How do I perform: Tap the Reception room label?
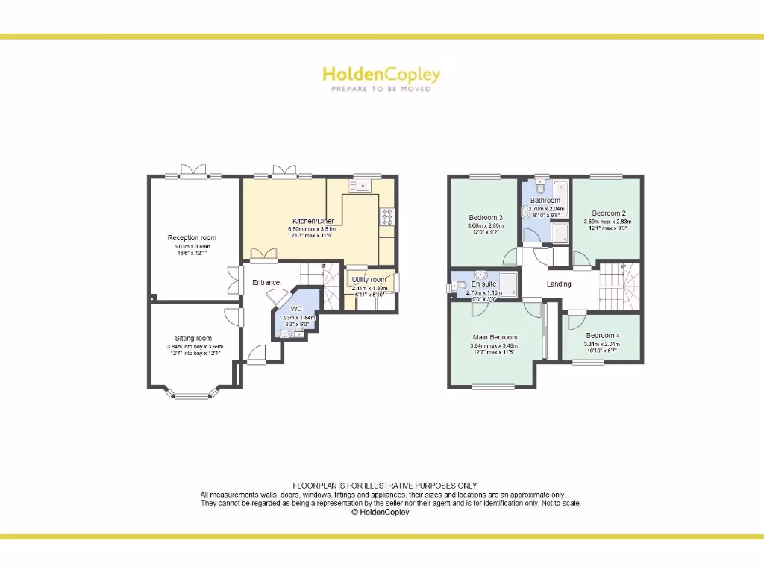pyautogui.click(x=192, y=238)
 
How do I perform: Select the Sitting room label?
pyautogui.click(x=194, y=338)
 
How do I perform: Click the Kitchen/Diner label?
pyautogui.click(x=313, y=222)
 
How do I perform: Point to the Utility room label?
pyautogui.click(x=369, y=280)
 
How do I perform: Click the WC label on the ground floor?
pyautogui.click(x=296, y=309)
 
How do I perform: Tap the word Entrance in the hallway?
pyautogui.click(x=266, y=283)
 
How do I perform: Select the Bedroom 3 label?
pyautogui.click(x=486, y=218)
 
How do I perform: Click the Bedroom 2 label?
pyautogui.click(x=609, y=213)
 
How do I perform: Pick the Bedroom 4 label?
pyautogui.click(x=603, y=335)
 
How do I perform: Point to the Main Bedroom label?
pyautogui.click(x=495, y=337)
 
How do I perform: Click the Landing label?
pyautogui.click(x=559, y=284)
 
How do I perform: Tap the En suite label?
pyautogui.click(x=484, y=284)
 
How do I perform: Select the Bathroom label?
pyautogui.click(x=545, y=201)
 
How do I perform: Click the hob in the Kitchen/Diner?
pyautogui.click(x=388, y=216)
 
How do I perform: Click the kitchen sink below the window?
pyautogui.click(x=363, y=186)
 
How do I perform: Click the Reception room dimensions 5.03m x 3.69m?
pyautogui.click(x=192, y=247)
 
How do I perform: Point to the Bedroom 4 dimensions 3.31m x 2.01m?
pyautogui.click(x=603, y=344)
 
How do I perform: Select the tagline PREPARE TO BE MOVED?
pyautogui.click(x=381, y=88)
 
